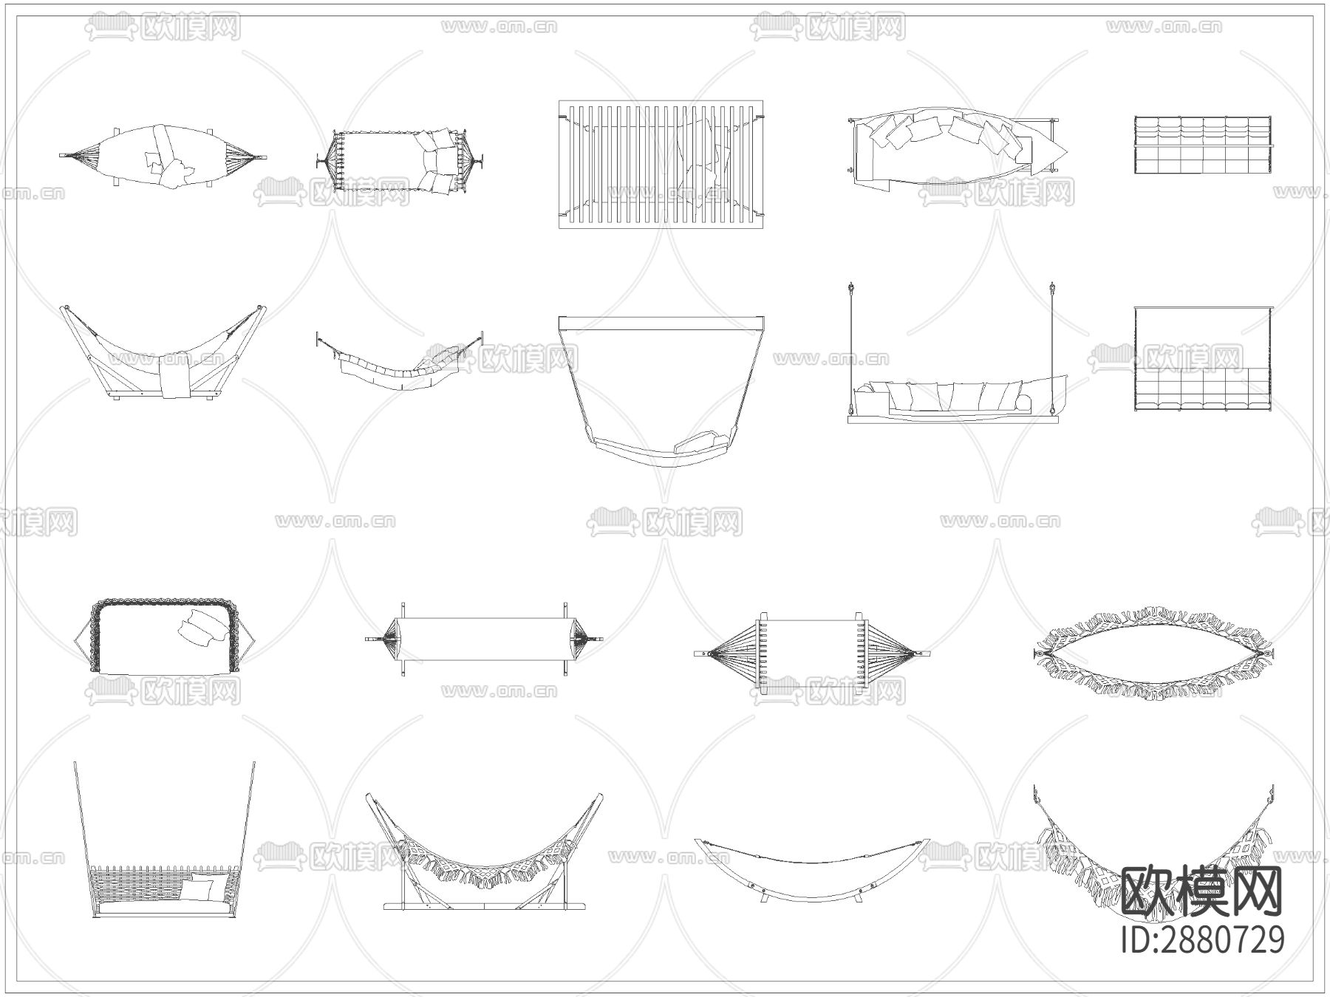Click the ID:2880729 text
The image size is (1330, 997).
coord(1202,939)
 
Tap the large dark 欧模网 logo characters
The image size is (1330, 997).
coord(1202,891)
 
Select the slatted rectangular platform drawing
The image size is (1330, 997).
coord(661,165)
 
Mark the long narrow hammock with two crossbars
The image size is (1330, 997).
coord(484,637)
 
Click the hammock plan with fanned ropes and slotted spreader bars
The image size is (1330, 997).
coord(812,654)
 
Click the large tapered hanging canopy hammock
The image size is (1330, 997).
coord(661,391)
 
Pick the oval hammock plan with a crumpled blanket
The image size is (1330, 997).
coord(163,156)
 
